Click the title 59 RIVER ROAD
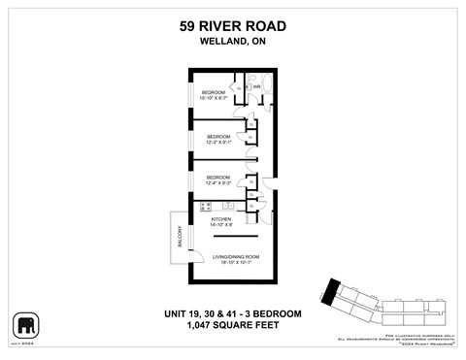(x=232, y=27)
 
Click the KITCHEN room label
(x=224, y=219)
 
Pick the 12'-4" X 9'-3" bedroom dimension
(x=218, y=182)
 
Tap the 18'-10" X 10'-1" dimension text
(x=232, y=262)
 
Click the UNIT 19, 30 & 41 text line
(x=232, y=313)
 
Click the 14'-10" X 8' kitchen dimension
(x=224, y=226)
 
